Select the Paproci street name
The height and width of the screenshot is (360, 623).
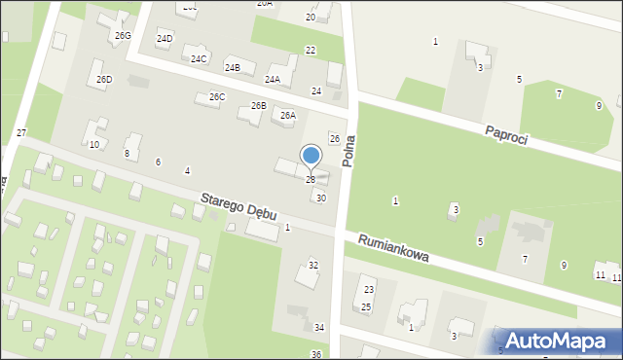tap(506, 134)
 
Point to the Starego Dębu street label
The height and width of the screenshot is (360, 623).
tap(238, 205)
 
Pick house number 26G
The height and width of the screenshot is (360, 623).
tap(122, 36)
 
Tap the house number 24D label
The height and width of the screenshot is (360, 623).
tap(165, 39)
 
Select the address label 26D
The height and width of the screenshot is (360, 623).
tap(104, 80)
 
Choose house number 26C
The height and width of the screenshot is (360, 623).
tap(217, 97)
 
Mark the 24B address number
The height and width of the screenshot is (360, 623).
tap(233, 68)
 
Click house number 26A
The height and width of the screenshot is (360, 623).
tap(288, 116)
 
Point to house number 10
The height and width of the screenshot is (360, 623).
tap(93, 145)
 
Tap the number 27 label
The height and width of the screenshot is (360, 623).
tap(21, 132)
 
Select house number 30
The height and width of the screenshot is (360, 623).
tap(321, 198)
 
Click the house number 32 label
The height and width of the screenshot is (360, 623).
tap(313, 265)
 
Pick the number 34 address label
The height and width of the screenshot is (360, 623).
tap(319, 329)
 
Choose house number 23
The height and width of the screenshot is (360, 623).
tap(369, 290)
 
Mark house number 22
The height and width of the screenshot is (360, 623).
tap(311, 51)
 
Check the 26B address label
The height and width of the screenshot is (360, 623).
tap(259, 105)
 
